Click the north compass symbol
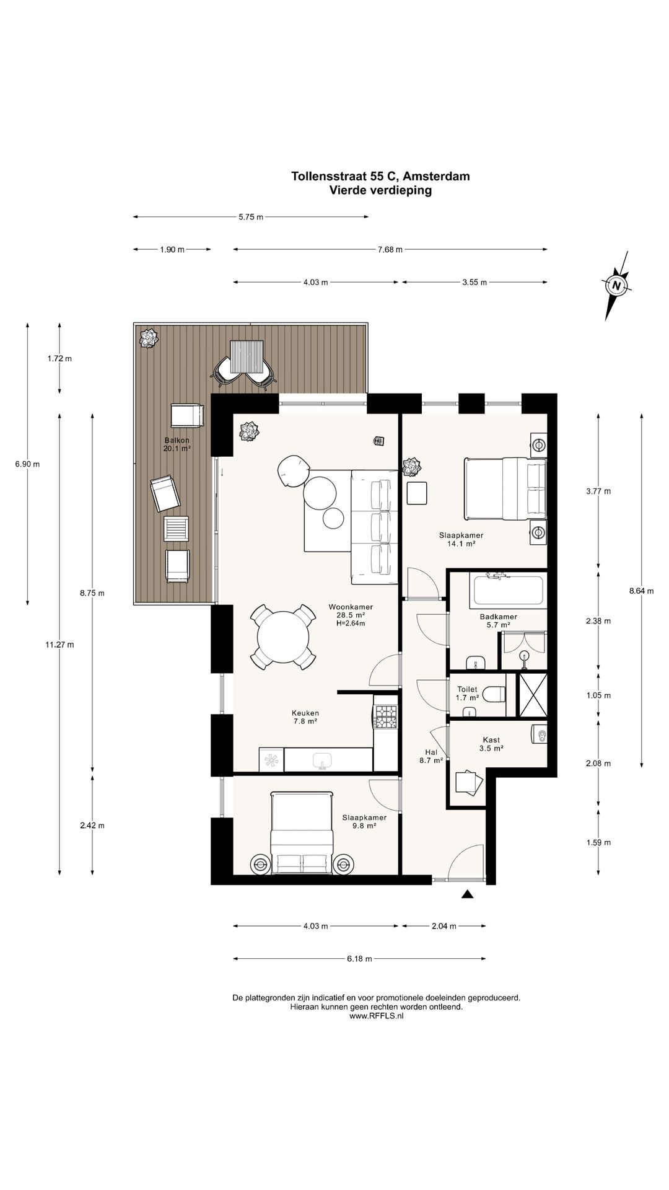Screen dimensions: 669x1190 [x=616, y=286]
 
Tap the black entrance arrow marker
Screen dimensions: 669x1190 [x=467, y=894]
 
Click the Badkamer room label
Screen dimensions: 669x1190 [x=498, y=617]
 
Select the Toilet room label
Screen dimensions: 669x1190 [x=467, y=689]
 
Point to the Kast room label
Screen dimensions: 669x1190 [x=491, y=739]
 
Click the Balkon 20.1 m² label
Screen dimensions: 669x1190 [x=177, y=444]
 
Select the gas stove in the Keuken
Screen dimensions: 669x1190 [x=386, y=718]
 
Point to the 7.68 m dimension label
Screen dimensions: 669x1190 [x=390, y=250]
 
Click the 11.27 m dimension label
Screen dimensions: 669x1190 [x=59, y=645]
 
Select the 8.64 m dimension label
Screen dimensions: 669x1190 [x=641, y=591]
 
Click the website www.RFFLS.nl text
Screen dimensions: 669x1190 [x=377, y=1034]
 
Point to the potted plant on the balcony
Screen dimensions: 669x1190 [x=149, y=338]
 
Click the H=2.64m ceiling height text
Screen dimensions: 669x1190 [x=351, y=624]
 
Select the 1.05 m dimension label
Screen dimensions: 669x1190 [x=598, y=695]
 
